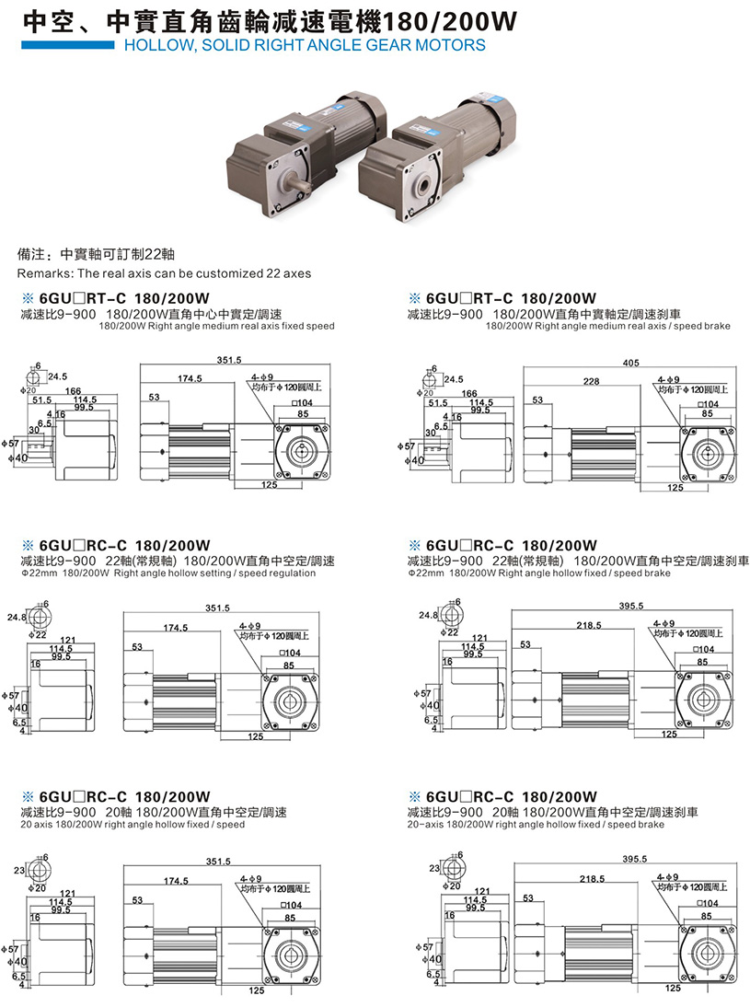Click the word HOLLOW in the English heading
tap(152, 44)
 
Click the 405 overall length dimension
tap(630, 363)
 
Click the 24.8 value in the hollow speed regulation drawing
tap(17, 616)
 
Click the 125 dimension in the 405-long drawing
tap(675, 488)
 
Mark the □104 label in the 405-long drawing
tap(708, 403)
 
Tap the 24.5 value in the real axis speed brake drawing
tap(453, 378)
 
